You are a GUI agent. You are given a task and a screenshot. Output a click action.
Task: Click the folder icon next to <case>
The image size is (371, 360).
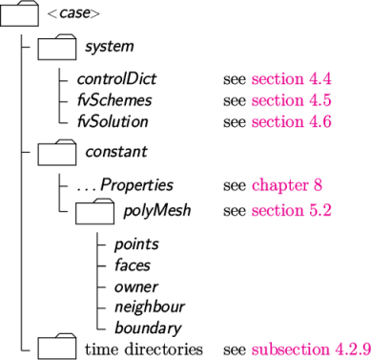(x=20, y=14)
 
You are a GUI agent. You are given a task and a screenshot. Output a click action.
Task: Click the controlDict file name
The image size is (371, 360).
(x=116, y=80)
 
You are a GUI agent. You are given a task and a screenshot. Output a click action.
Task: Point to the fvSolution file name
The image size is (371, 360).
(x=113, y=121)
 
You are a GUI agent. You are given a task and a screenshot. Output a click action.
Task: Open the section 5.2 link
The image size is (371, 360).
(x=291, y=210)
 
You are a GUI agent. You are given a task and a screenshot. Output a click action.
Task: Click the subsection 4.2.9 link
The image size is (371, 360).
(x=310, y=348)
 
